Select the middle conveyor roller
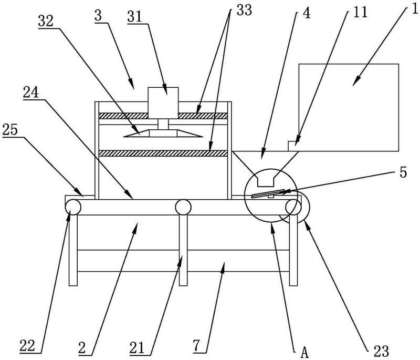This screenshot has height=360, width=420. (x=183, y=207)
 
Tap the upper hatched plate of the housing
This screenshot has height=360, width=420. (x=162, y=115)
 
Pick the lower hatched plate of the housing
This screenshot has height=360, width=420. (x=162, y=153)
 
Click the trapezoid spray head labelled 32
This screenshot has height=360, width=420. (x=162, y=133)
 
